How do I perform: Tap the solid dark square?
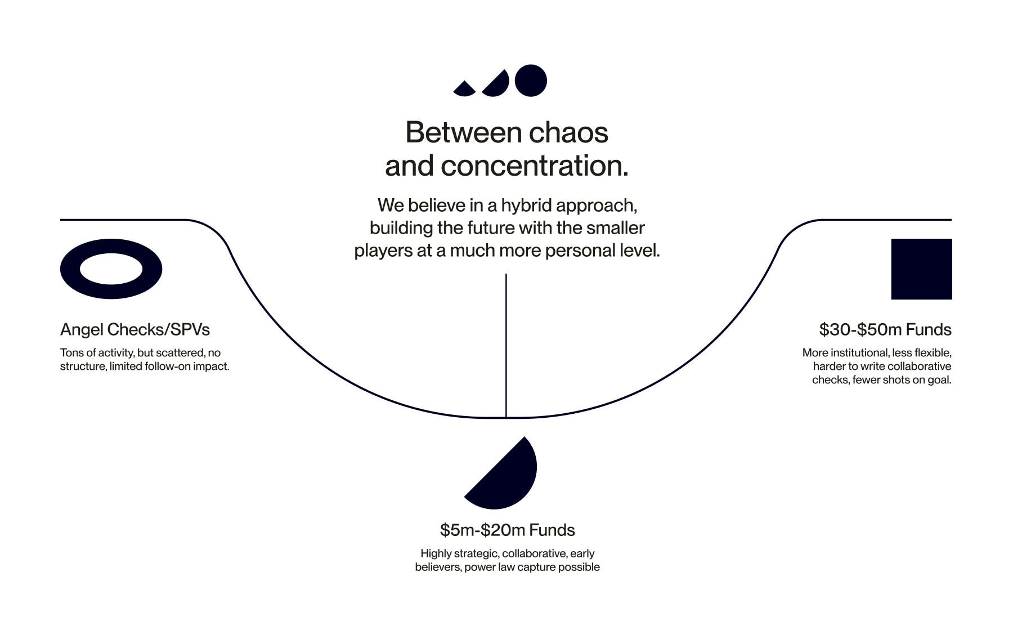pos(921,269)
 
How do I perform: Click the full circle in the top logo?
pos(531,81)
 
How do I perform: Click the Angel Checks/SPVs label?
pos(135,329)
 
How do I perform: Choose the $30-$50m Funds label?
pos(885,329)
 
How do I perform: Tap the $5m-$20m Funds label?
pos(507,530)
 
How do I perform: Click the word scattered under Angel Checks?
pos(180,353)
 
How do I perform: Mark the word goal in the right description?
pos(939,380)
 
